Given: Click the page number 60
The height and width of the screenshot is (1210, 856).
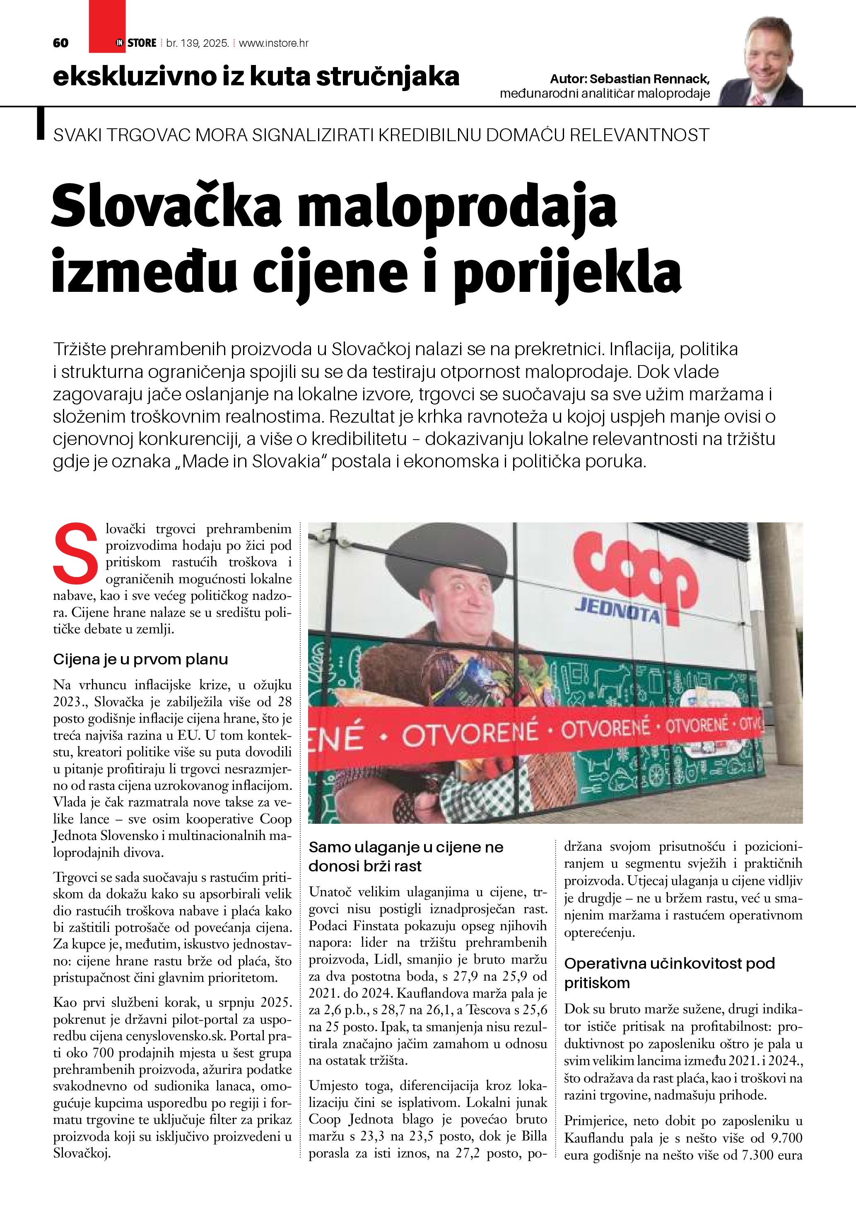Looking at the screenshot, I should (x=60, y=43).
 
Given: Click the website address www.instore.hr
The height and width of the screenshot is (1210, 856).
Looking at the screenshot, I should (x=274, y=43).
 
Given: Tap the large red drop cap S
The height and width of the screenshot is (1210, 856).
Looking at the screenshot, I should (x=75, y=558).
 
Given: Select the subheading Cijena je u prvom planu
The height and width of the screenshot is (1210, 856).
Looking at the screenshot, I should (x=140, y=659).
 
